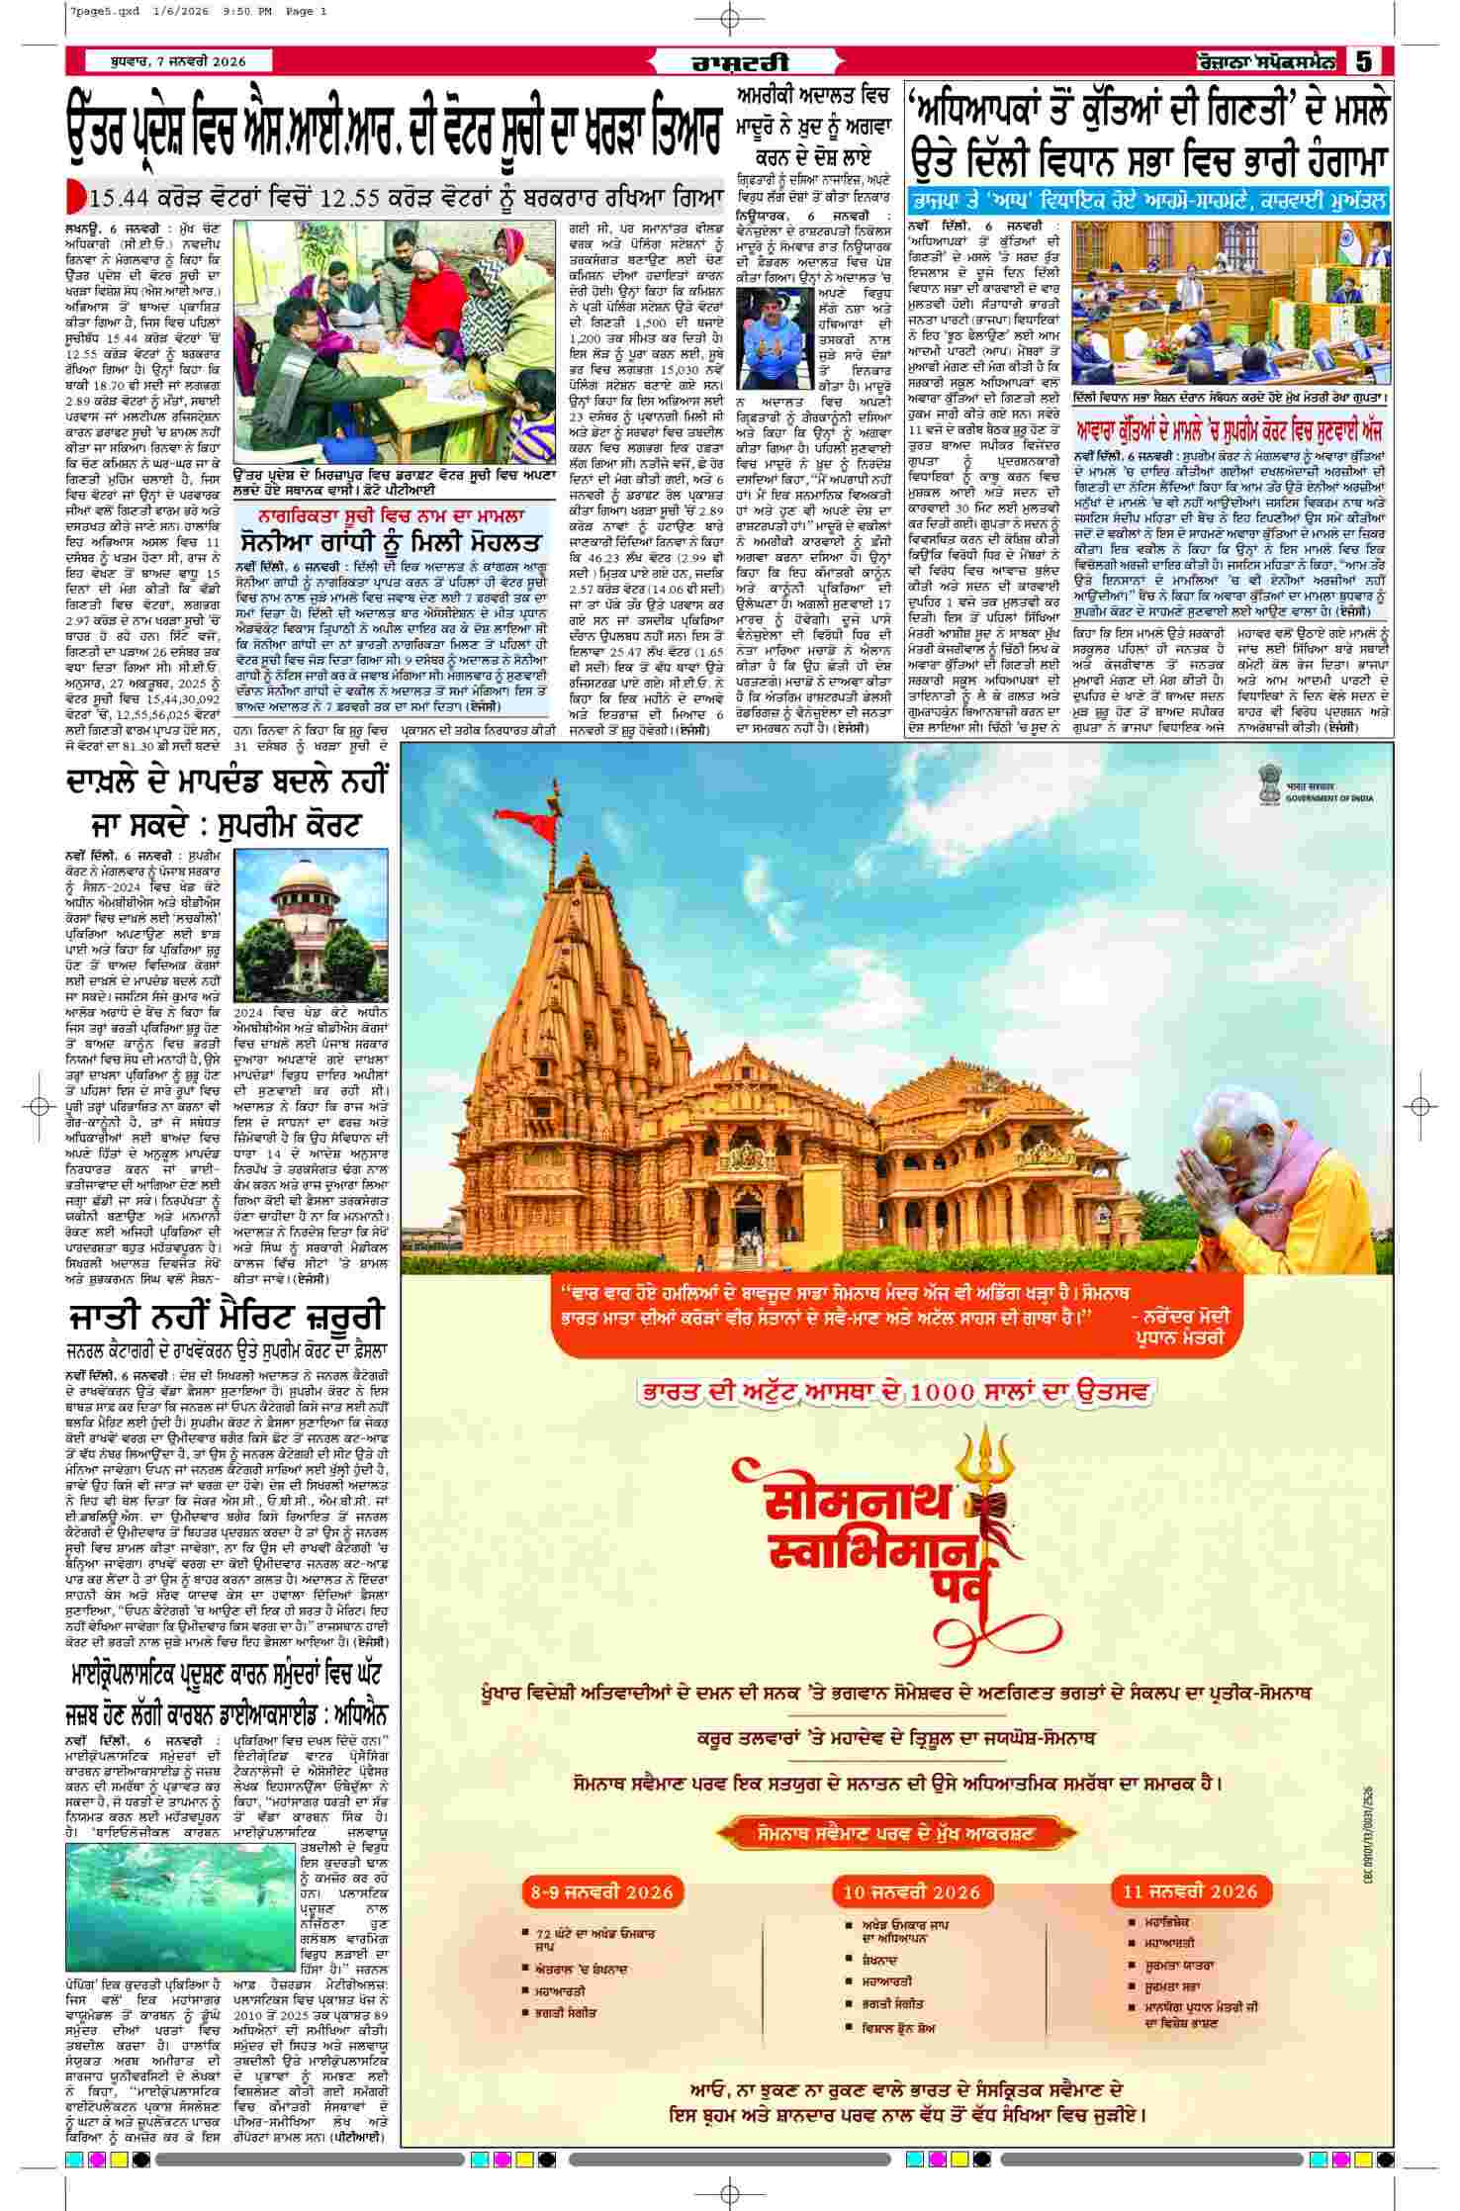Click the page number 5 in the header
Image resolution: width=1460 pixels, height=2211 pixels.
coord(1365,61)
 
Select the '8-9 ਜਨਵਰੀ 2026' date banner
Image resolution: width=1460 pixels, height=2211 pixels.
coord(602,1891)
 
